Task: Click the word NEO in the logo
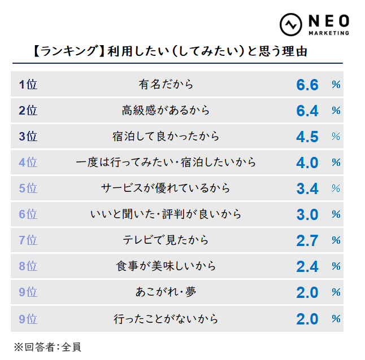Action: [328, 21]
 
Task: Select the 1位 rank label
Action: [28, 85]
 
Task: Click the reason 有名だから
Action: [166, 85]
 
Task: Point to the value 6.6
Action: [307, 85]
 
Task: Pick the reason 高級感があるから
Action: [166, 111]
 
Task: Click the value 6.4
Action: [307, 111]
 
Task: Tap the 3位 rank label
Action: [28, 137]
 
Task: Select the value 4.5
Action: [307, 137]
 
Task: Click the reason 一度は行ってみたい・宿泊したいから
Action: [166, 163]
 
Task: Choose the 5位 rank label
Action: [28, 188]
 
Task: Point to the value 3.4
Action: [307, 188]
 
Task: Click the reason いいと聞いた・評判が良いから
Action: [166, 214]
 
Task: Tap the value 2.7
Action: [307, 240]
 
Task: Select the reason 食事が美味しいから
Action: [166, 266]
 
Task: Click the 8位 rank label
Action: [28, 266]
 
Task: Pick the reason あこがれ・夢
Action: [166, 292]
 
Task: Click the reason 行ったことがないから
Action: [166, 319]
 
